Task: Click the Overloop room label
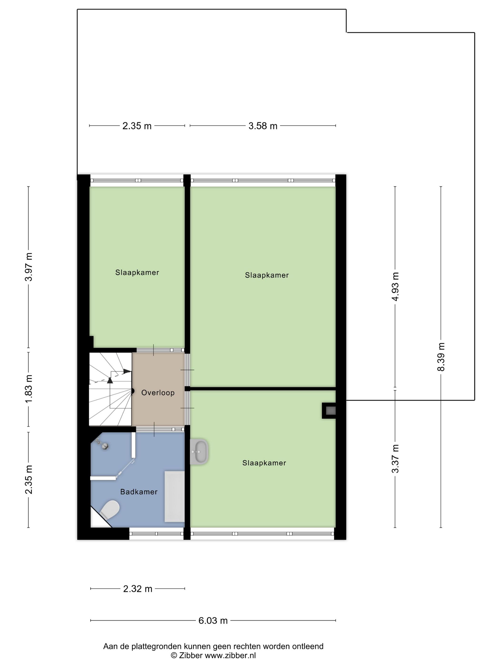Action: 158,393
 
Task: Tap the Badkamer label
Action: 139,492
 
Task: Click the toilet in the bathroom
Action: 110,510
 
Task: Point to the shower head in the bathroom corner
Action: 105,446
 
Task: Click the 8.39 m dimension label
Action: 441,357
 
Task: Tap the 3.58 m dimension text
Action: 263,126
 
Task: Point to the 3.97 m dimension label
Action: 29,267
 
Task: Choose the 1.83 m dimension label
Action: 29,389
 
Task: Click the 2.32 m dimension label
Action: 138,589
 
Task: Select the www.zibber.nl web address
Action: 230,655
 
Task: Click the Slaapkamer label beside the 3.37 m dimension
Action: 264,463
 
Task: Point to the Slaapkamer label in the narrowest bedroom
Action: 137,273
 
